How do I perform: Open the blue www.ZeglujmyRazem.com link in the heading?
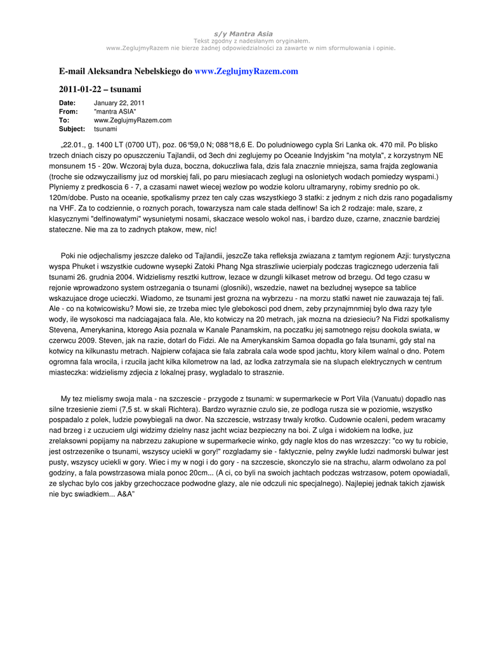[246, 71]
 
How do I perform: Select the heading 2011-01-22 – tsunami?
[100, 89]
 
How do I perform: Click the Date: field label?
[67, 103]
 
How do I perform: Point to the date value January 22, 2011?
[119, 103]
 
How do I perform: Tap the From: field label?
[68, 112]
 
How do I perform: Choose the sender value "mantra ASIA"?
[115, 112]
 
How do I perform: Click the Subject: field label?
[72, 129]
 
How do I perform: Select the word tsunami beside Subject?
[105, 129]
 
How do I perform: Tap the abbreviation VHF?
[66, 208]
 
